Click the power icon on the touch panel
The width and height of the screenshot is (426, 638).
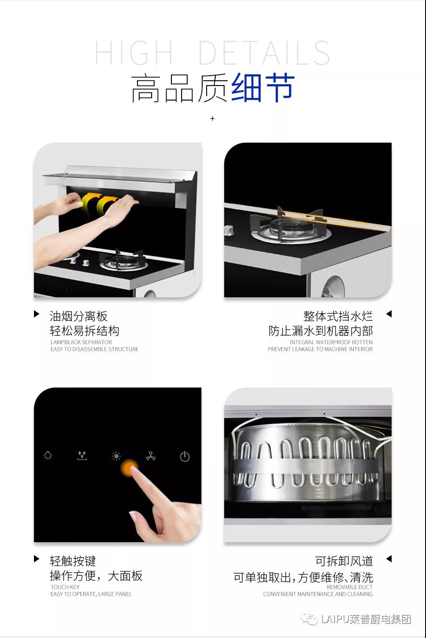point(185,457)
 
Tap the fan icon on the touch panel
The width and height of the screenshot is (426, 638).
point(151,456)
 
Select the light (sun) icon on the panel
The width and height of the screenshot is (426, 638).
point(116,456)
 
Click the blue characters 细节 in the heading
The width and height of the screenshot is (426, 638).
point(262,87)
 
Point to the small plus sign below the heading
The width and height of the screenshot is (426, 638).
point(213,119)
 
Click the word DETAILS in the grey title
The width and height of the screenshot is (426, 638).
point(265,53)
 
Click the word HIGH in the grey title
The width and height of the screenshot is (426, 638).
point(134,53)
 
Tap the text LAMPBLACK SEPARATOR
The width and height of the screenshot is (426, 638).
point(81,342)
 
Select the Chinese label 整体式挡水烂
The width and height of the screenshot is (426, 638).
point(338,316)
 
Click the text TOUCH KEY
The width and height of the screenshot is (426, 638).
point(65,587)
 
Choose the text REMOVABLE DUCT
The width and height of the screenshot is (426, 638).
point(350,587)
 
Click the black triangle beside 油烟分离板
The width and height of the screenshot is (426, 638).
point(37,314)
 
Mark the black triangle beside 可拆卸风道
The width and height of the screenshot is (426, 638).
point(389,559)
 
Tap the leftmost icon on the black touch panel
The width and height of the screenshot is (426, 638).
point(48,456)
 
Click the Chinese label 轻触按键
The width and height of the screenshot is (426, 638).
point(73,561)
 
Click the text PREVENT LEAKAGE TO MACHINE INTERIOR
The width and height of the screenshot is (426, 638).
point(320,349)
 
